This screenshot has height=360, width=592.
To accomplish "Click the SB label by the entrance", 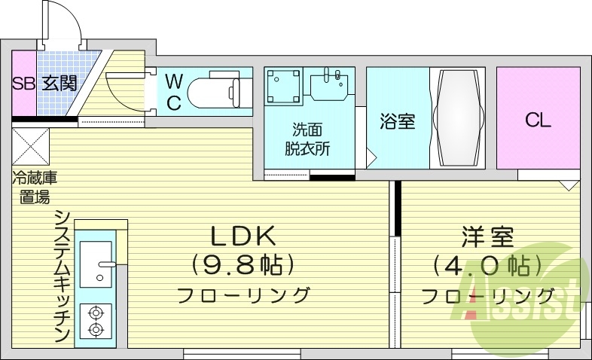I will click(x=23, y=83).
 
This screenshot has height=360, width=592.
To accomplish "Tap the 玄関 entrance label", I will click(x=59, y=83).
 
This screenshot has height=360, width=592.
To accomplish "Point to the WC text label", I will click(x=173, y=91).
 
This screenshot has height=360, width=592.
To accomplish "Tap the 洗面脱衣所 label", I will click(x=308, y=139).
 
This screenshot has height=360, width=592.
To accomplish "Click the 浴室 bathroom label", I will click(x=397, y=121).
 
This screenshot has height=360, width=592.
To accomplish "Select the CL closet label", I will click(x=538, y=119).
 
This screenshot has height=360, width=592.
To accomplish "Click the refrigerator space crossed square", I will click(x=31, y=146).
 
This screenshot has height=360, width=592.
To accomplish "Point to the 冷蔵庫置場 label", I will click(x=34, y=188).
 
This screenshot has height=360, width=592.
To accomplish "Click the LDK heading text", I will click(x=243, y=237).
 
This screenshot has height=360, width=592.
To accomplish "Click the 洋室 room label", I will click(x=487, y=237).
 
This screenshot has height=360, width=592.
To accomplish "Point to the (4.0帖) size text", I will click(x=487, y=265).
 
